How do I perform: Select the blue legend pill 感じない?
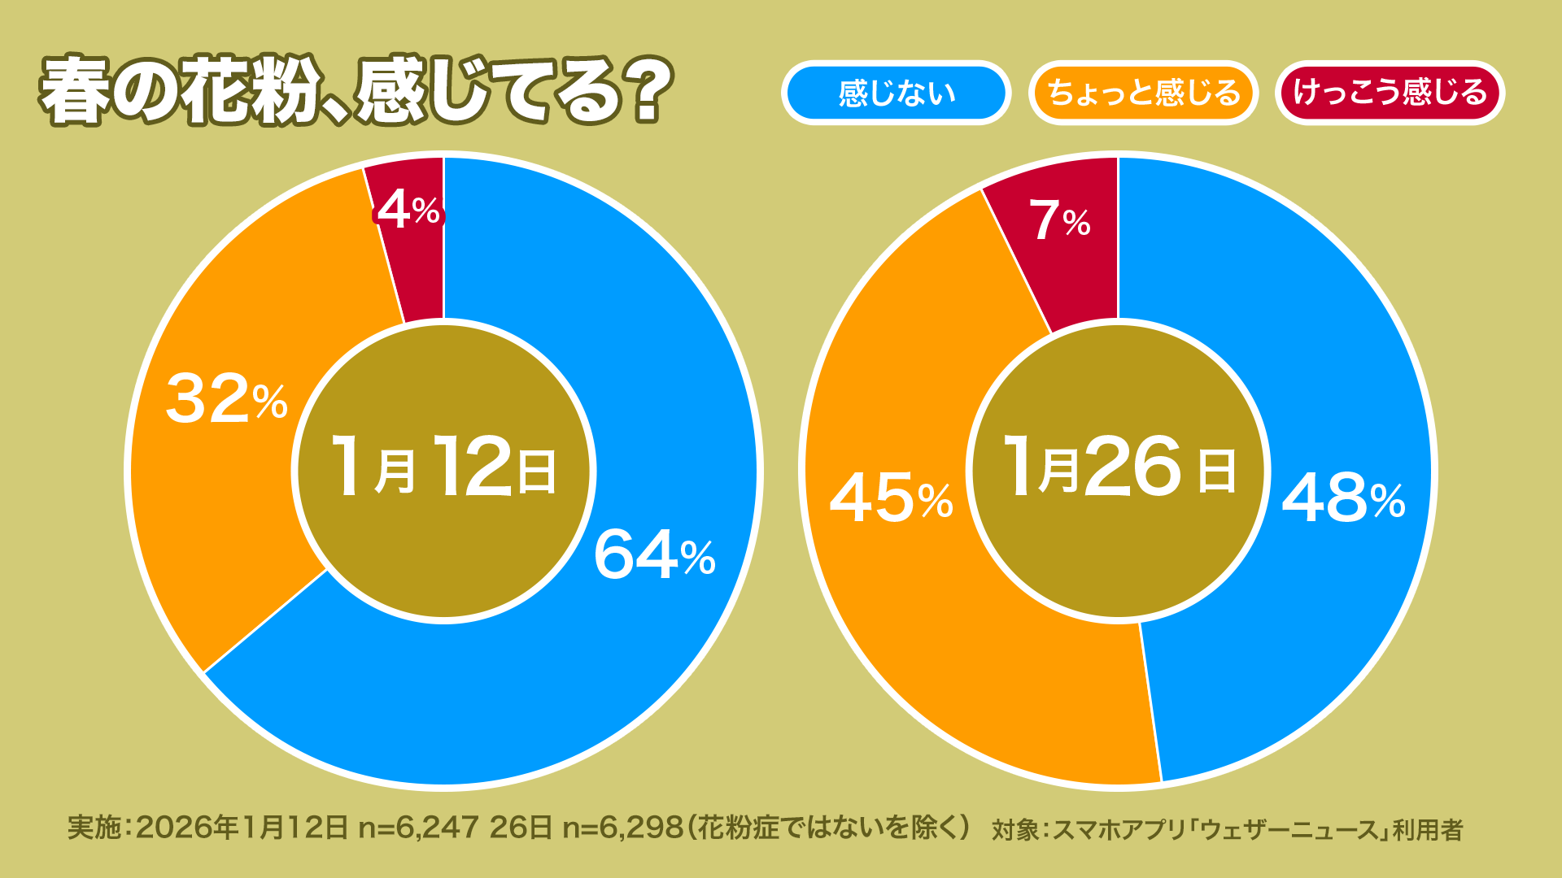(896, 93)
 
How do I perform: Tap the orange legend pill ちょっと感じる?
(1143, 93)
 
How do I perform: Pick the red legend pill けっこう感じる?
(1390, 93)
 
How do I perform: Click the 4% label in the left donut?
(408, 210)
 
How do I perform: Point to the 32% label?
(226, 399)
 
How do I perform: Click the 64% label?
(654, 555)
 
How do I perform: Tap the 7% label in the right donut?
(1059, 220)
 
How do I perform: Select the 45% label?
(891, 498)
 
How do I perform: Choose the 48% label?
(1343, 498)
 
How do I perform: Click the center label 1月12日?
(444, 467)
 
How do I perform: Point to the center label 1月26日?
(1119, 467)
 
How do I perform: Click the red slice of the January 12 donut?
(411, 268)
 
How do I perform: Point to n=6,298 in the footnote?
(622, 828)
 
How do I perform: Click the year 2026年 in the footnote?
(187, 828)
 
